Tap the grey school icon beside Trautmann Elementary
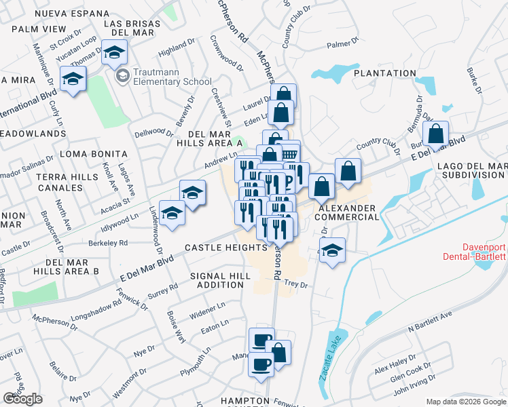[122, 75]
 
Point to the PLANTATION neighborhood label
[384, 73]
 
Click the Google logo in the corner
[22, 399]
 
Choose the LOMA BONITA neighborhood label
[94, 155]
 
